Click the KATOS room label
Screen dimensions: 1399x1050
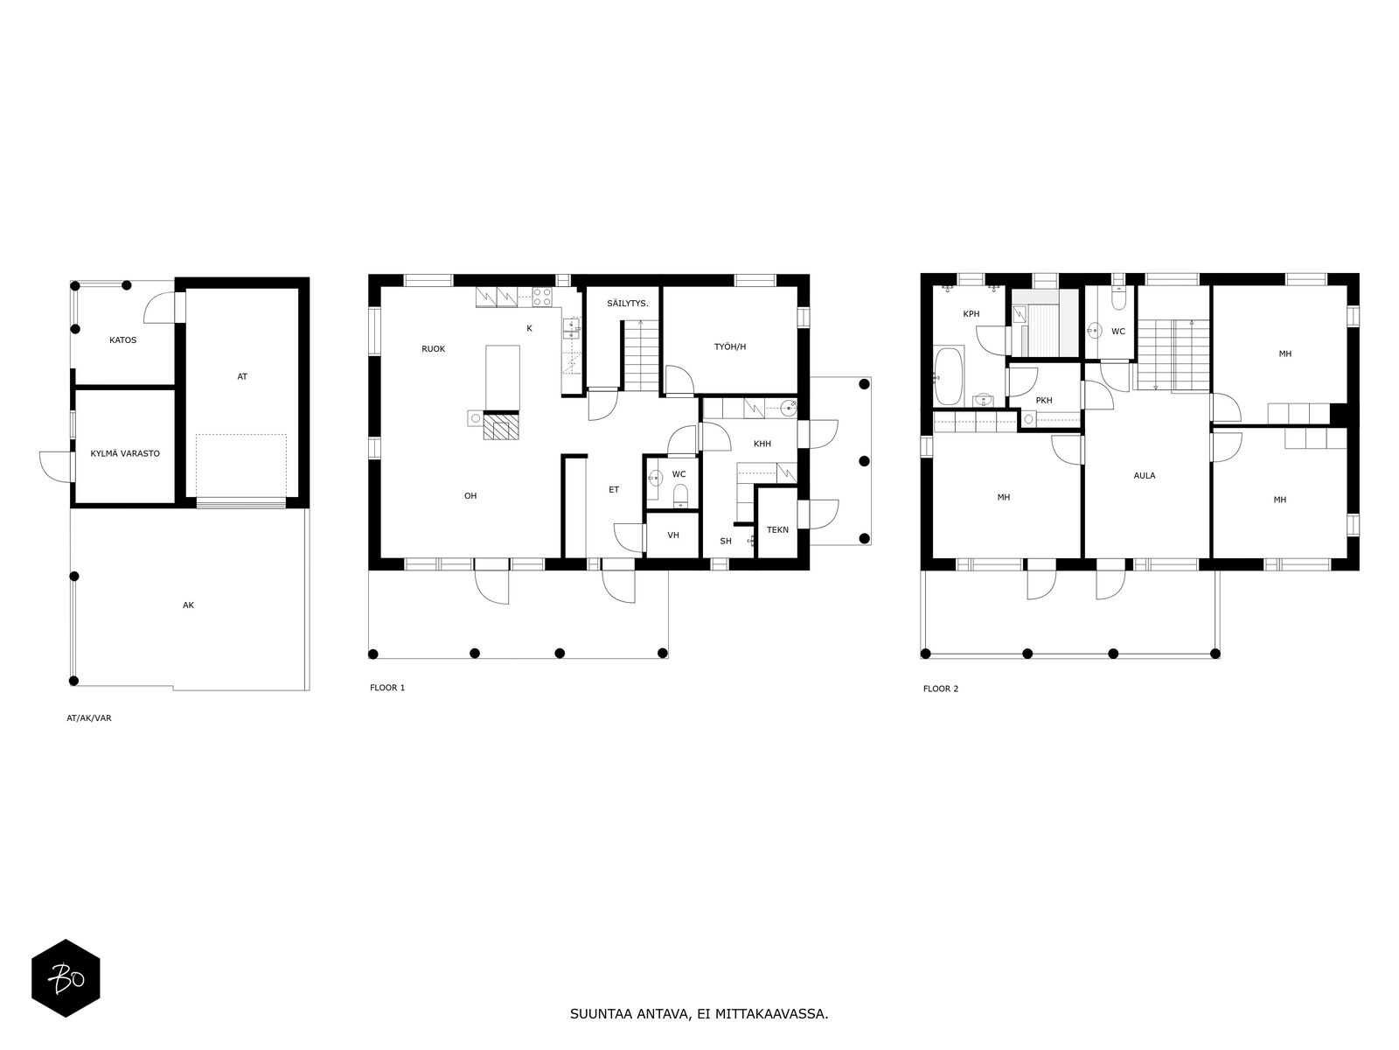point(122,340)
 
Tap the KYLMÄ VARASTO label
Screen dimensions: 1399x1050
point(125,454)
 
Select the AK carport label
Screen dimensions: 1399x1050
point(188,605)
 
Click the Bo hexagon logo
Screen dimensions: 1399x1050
point(66,978)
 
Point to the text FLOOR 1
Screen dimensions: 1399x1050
point(386,688)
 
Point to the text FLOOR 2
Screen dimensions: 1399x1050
point(940,689)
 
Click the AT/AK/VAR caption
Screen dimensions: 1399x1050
point(88,717)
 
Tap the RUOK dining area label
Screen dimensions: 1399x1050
point(434,349)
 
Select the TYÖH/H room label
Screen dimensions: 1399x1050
point(730,346)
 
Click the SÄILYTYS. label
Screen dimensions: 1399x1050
point(627,304)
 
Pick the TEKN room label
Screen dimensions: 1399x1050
point(777,529)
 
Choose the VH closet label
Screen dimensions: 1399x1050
point(673,535)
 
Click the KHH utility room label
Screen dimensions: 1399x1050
point(762,444)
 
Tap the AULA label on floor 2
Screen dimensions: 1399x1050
point(1144,476)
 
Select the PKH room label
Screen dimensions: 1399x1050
point(1044,401)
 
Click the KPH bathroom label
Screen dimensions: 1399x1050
point(971,313)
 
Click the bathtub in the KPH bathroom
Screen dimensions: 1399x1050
point(949,376)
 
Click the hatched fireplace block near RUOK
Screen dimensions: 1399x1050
point(501,426)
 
